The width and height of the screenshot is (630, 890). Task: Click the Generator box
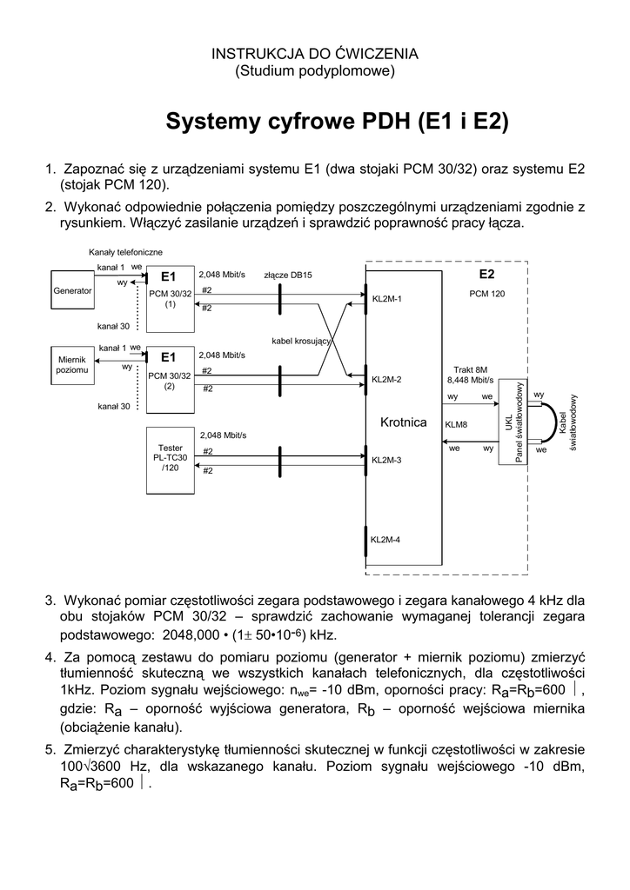72,291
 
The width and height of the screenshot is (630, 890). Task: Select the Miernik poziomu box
72,365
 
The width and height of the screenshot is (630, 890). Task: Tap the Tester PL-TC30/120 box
170,458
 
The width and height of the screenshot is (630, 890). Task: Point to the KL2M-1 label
386,300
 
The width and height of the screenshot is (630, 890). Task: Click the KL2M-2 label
386,380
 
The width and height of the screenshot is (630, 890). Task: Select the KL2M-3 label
386,460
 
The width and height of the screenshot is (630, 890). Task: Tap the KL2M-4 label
386,540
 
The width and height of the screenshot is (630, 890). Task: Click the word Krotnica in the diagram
404,422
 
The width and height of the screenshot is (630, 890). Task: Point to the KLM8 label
456,425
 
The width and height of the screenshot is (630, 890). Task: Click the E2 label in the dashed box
486,275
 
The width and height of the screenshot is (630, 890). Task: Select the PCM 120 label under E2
486,294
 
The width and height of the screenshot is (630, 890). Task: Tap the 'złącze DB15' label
288,276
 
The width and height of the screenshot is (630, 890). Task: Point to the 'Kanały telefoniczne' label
125,252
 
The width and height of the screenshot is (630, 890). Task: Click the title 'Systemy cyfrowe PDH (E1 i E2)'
337,120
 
